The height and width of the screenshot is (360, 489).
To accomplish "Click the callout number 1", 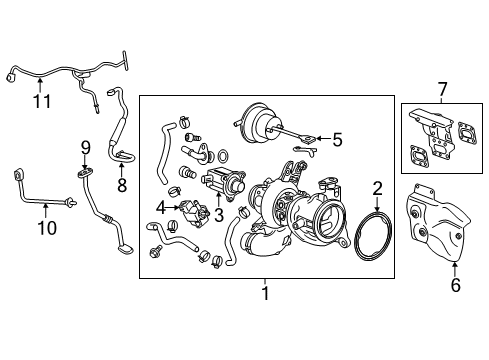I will point(265,295).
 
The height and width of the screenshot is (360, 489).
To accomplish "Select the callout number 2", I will point(377,188).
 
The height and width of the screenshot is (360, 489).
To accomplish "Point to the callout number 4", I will point(160,206).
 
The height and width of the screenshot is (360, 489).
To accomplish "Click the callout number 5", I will point(337,139).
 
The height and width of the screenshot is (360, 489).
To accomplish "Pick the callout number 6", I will point(456,285).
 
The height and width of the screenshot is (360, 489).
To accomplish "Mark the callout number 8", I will point(122,184).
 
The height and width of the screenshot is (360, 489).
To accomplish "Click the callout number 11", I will point(40,100).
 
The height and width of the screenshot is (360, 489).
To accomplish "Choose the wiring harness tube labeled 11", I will point(70,70).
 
